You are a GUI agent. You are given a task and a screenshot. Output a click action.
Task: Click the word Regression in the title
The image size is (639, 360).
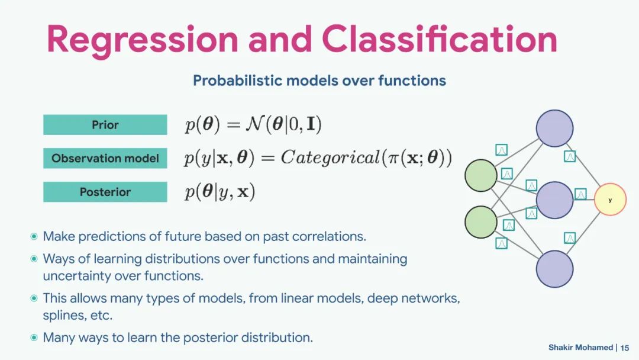pos(142,39)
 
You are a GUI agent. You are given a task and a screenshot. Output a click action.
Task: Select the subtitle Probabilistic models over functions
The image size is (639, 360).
pos(319,81)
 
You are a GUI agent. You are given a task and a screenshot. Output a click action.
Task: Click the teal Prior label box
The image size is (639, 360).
pos(105,125)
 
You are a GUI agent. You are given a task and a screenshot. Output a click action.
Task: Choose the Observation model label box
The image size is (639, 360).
pos(105,158)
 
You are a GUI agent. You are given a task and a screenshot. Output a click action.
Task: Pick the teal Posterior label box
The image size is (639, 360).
pos(105,192)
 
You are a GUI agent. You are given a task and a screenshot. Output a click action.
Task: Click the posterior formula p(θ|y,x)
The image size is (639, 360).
pos(220,192)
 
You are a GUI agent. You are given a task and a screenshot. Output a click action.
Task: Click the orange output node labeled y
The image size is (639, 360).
pos(609,200)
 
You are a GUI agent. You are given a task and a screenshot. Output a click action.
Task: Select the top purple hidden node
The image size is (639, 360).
pos(554,128)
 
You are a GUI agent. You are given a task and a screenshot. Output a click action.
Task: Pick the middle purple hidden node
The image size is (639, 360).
pos(554,200)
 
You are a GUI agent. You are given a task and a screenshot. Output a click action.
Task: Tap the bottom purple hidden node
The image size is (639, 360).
pos(554,269)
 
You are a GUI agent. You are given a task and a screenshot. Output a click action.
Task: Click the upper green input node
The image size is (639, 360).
pos(481,176)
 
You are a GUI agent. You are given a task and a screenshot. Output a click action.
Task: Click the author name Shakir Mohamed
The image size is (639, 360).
pos(580,348)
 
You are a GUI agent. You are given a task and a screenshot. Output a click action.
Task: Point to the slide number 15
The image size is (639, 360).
pos(625,348)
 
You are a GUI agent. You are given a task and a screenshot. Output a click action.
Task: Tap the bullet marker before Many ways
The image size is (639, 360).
pos(34,337)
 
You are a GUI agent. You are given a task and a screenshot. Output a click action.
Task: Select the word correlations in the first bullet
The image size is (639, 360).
pos(329,236)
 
